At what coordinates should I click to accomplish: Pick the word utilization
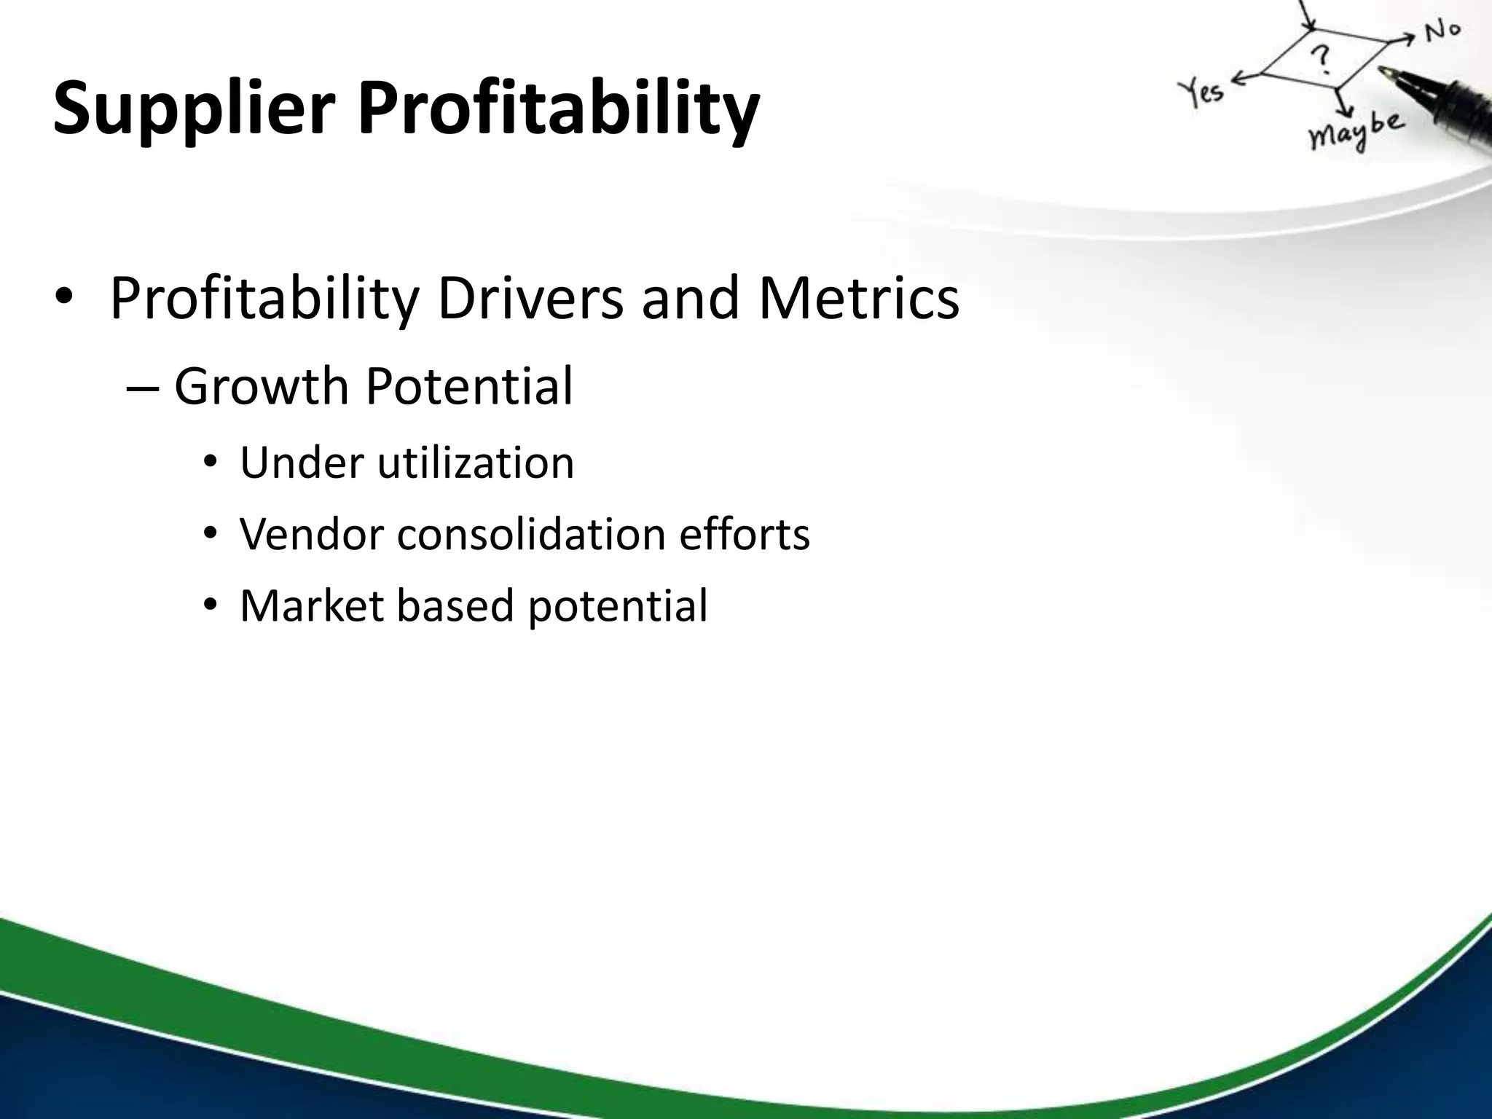[476, 463]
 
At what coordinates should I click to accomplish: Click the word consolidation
[531, 534]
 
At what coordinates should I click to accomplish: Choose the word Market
[311, 605]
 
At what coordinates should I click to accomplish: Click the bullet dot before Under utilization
[211, 464]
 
